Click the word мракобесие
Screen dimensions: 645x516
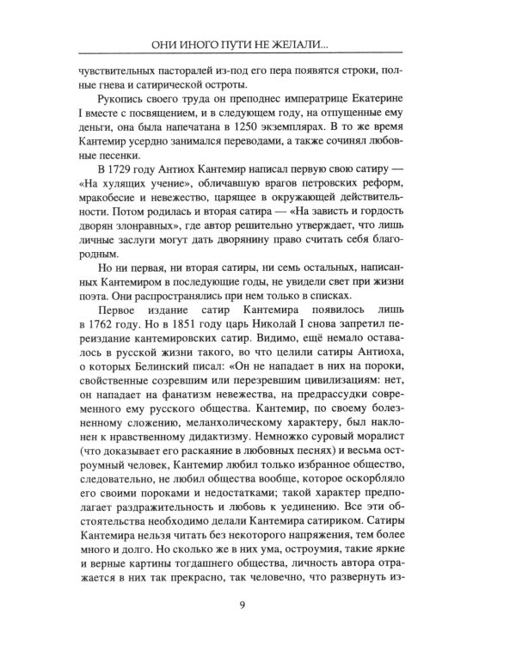click(x=111, y=197)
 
